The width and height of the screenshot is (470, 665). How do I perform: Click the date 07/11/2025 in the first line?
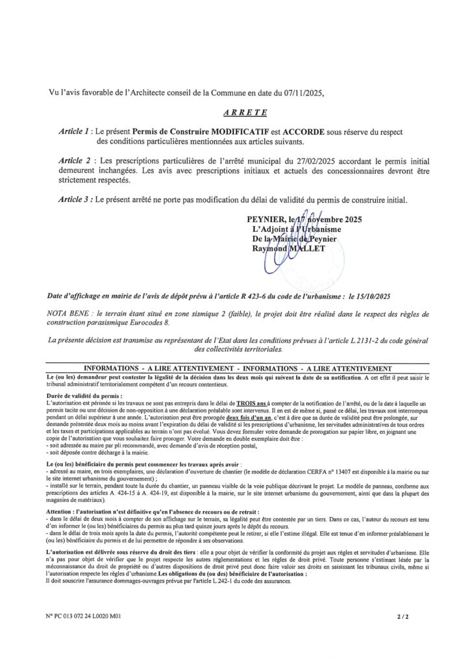pos(300,93)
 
